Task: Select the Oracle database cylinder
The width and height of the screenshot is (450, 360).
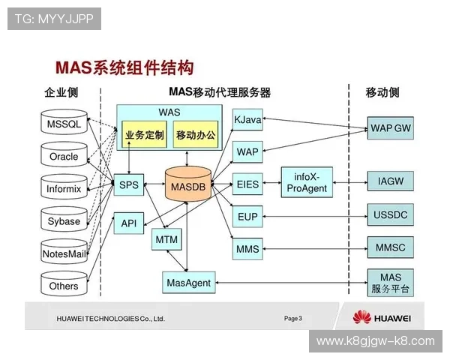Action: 63,156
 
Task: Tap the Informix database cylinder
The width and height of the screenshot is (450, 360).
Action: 63,188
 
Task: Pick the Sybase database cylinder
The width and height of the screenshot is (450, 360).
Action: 63,220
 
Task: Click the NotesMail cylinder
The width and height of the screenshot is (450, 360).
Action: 63,253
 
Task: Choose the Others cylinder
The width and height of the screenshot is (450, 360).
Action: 63,286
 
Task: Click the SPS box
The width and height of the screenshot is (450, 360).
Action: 129,184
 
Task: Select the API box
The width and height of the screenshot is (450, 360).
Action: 128,223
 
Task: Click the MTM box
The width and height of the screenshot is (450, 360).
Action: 166,239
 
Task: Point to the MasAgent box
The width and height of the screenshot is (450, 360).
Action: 187,283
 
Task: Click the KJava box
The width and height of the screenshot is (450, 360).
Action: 247,120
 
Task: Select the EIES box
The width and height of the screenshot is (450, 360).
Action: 247,184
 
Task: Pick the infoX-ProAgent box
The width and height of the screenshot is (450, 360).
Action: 307,184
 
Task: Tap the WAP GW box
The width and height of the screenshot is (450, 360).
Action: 391,127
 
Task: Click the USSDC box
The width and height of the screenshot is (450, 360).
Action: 391,215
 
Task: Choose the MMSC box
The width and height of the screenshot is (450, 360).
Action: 391,246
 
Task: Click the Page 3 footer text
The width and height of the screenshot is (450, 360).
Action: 293,319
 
